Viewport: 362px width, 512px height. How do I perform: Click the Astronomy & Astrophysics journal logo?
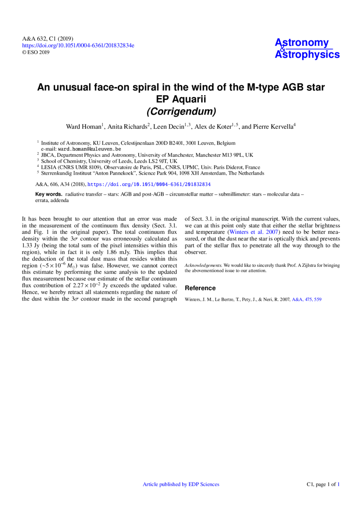tap(307, 49)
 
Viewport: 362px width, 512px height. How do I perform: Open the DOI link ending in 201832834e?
tap(78, 46)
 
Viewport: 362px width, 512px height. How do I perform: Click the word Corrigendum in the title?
tap(181, 111)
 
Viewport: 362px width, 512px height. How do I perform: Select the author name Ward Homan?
tap(84, 126)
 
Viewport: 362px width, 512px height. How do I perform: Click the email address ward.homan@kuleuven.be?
tap(90, 149)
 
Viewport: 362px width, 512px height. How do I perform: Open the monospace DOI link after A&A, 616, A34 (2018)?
tap(149, 184)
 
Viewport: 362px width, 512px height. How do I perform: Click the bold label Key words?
tap(49, 194)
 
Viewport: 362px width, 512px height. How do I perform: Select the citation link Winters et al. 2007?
tap(254, 232)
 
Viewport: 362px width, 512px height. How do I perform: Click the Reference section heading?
tap(200, 288)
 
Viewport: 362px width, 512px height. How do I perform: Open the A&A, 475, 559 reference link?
tap(307, 300)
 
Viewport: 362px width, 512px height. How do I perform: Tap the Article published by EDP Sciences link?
tap(181, 484)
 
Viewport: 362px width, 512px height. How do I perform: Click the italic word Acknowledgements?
tap(203, 265)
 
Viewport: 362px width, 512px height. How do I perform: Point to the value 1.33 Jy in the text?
tap(31, 245)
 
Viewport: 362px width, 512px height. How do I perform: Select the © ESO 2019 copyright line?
tap(36, 53)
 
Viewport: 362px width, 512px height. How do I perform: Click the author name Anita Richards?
tap(127, 126)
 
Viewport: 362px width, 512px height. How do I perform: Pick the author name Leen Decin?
tap(169, 126)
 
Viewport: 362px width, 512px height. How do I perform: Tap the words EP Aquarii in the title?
tap(181, 99)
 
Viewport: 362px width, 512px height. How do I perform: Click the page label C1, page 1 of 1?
tap(323, 484)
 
